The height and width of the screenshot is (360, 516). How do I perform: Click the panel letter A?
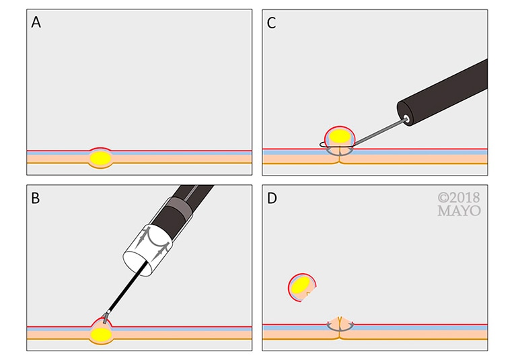(x=36, y=22)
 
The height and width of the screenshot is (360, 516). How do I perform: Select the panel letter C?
(x=272, y=22)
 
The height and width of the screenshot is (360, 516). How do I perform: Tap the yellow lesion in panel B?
(x=101, y=333)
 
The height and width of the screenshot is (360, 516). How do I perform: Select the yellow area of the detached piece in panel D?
(x=301, y=287)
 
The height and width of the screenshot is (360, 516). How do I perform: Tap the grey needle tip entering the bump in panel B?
(x=106, y=316)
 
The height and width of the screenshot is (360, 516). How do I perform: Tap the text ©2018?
(x=459, y=198)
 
